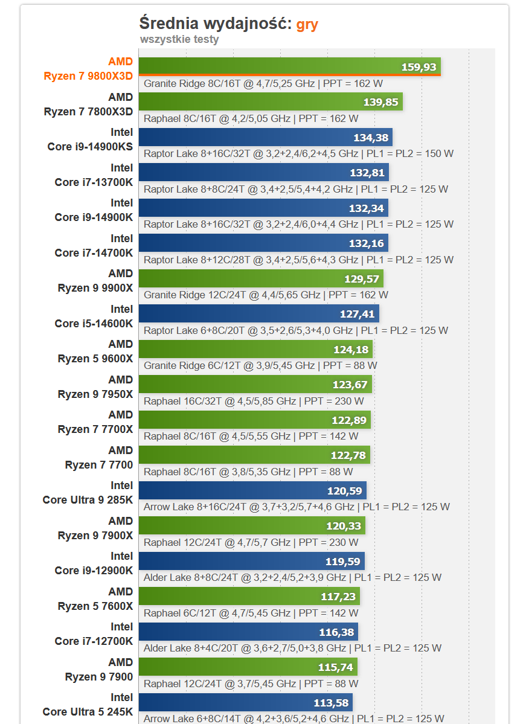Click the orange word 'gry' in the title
(307, 24)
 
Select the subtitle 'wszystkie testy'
(179, 40)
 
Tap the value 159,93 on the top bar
(419, 67)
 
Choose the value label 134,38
(371, 138)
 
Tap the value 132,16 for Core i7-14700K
(367, 243)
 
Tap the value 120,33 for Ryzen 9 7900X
(344, 526)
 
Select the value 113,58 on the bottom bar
(332, 703)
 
